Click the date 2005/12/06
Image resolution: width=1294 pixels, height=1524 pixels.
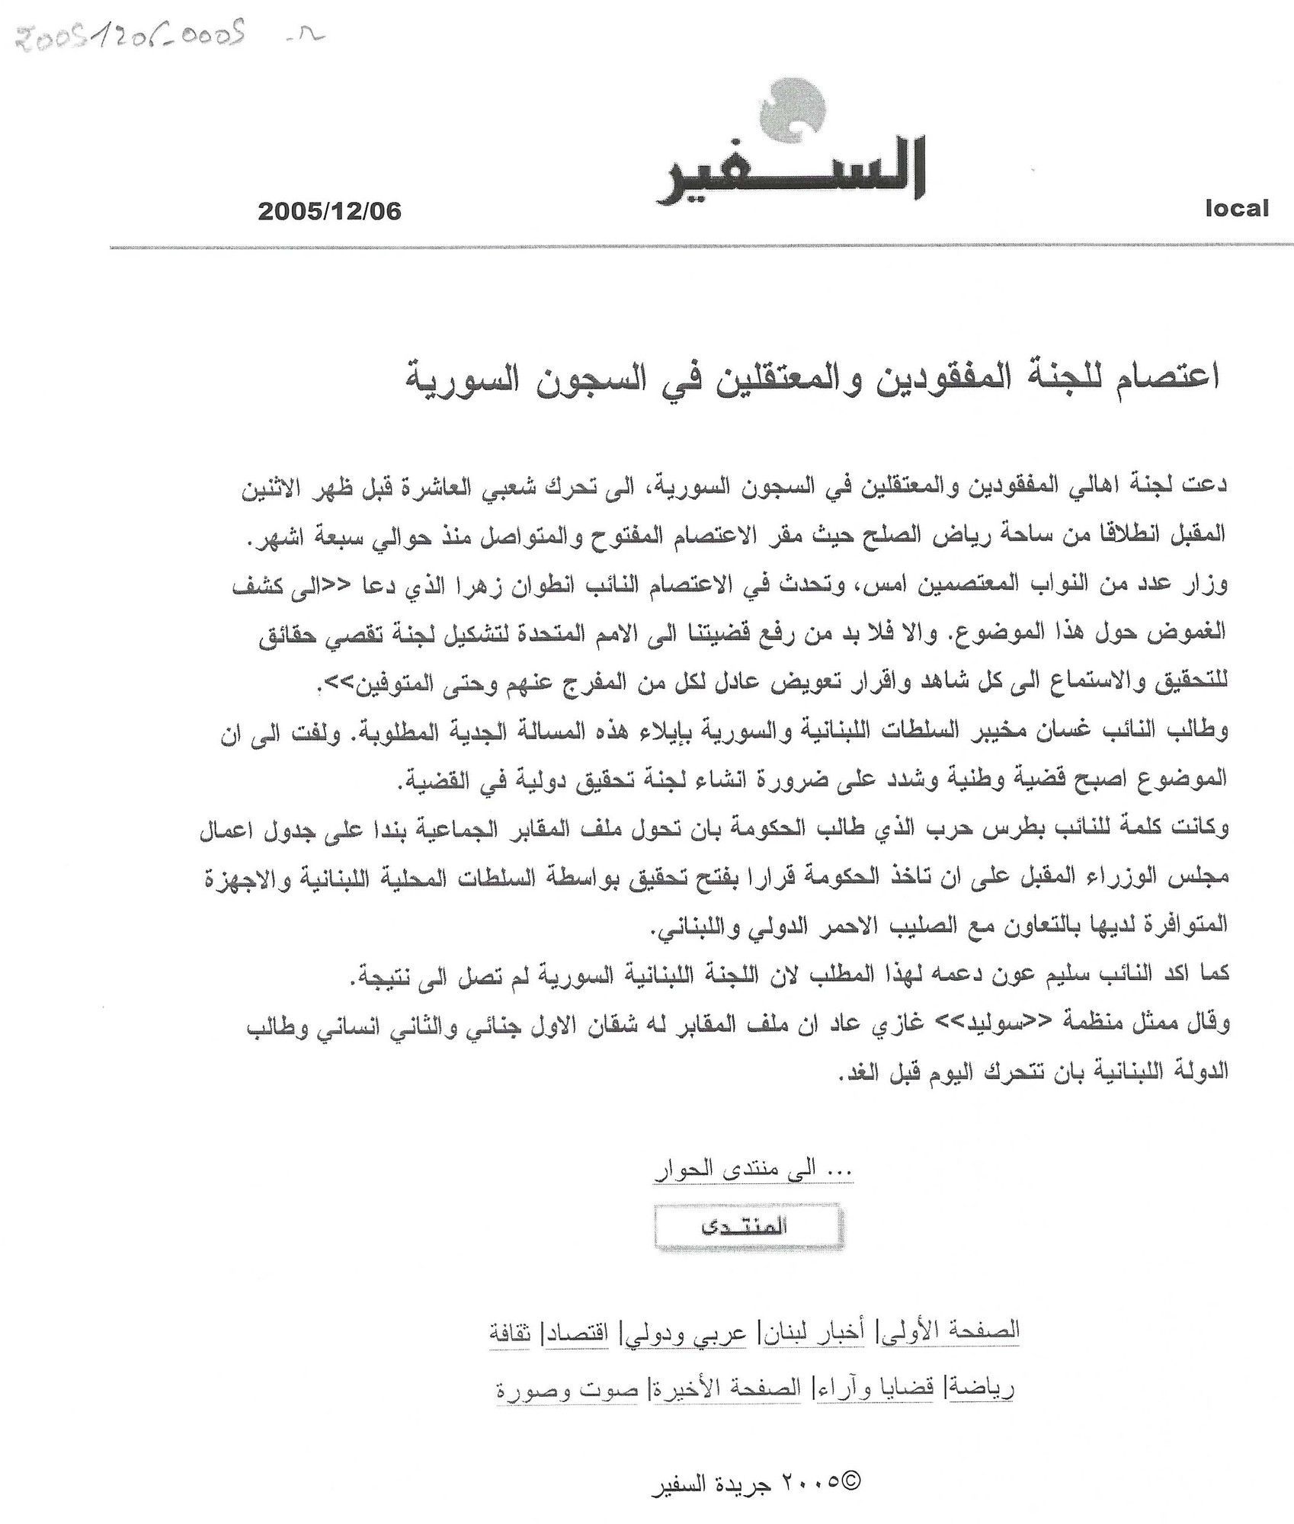[x=329, y=211]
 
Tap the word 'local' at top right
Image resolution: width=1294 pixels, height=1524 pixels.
[x=1236, y=208]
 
